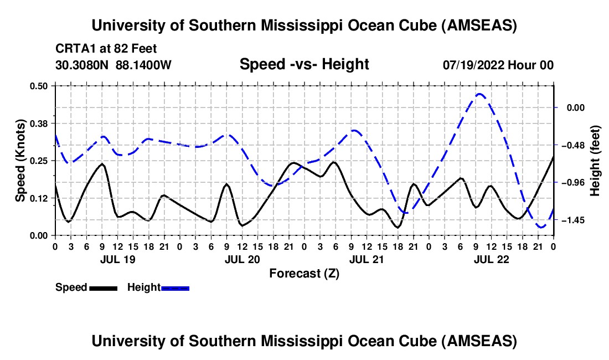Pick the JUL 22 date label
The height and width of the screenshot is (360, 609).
(491, 259)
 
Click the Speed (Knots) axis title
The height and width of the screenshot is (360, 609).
(20, 161)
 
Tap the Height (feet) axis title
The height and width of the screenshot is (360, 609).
(596, 161)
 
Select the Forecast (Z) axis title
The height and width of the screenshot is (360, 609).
(304, 273)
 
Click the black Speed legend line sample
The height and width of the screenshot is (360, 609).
(103, 288)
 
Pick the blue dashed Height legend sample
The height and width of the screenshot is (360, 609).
(176, 288)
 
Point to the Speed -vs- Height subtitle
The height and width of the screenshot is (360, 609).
(304, 64)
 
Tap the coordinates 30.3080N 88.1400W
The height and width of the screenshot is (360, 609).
(113, 65)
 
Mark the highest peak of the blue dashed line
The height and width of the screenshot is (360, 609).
(479, 94)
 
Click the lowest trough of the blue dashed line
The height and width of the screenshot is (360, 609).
(541, 227)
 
